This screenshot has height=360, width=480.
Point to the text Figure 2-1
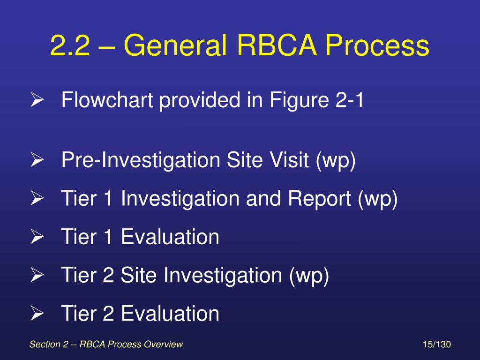click(x=317, y=100)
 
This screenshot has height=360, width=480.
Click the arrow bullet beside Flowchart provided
click(x=37, y=100)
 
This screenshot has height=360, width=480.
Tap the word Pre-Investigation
click(x=141, y=161)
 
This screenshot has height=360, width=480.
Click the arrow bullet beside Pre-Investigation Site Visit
click(x=37, y=161)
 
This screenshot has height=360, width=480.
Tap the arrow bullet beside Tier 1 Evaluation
click(x=37, y=237)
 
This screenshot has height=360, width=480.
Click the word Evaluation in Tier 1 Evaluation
click(x=170, y=237)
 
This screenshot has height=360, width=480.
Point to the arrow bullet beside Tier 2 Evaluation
click(x=37, y=314)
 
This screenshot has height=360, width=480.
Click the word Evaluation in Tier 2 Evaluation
click(x=170, y=314)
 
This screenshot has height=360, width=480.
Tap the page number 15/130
click(x=436, y=345)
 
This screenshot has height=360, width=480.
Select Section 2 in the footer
click(x=49, y=345)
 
